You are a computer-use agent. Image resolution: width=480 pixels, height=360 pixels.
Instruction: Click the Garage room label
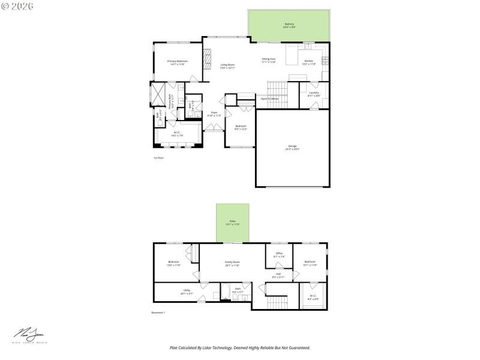293,147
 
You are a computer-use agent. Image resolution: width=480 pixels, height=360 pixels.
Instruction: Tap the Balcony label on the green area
289,26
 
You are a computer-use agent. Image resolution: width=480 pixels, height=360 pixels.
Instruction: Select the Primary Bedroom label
178,62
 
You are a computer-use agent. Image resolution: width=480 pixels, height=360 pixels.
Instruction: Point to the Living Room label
227,66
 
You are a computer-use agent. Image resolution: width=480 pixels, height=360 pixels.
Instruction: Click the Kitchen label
308,62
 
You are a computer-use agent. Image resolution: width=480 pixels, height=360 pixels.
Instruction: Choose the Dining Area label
268,60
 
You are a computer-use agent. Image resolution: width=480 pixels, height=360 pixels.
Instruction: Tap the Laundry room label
314,94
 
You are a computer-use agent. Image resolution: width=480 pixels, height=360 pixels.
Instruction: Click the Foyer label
214,114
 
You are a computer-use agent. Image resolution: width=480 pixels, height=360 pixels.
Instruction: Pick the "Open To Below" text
269,98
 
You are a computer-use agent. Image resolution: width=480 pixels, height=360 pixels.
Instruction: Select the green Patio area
233,223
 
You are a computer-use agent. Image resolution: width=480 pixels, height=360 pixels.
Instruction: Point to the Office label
279,254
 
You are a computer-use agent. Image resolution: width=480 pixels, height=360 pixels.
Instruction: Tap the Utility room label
187,292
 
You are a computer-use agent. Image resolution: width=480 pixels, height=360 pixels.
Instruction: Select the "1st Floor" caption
158,158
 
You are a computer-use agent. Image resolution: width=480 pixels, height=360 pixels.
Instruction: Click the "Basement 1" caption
158,313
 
